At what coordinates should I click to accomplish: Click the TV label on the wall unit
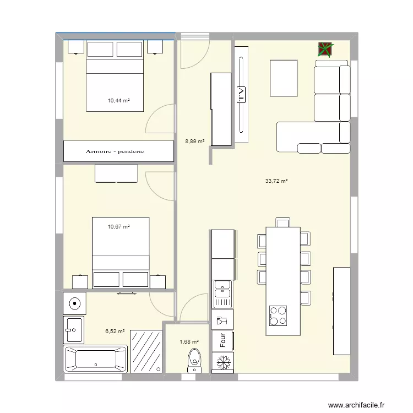[241, 95]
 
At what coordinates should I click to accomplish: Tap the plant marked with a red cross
[325, 50]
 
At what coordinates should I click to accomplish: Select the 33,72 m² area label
[277, 181]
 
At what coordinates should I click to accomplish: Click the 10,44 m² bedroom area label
[118, 101]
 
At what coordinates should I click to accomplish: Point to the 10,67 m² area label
[118, 226]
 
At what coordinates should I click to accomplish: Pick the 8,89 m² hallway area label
[195, 142]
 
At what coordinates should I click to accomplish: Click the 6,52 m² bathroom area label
[115, 332]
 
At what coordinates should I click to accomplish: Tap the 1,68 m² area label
[189, 341]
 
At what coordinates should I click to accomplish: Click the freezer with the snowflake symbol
[223, 363]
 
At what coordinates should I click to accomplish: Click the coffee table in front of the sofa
[284, 77]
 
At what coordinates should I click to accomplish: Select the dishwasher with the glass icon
[222, 319]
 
